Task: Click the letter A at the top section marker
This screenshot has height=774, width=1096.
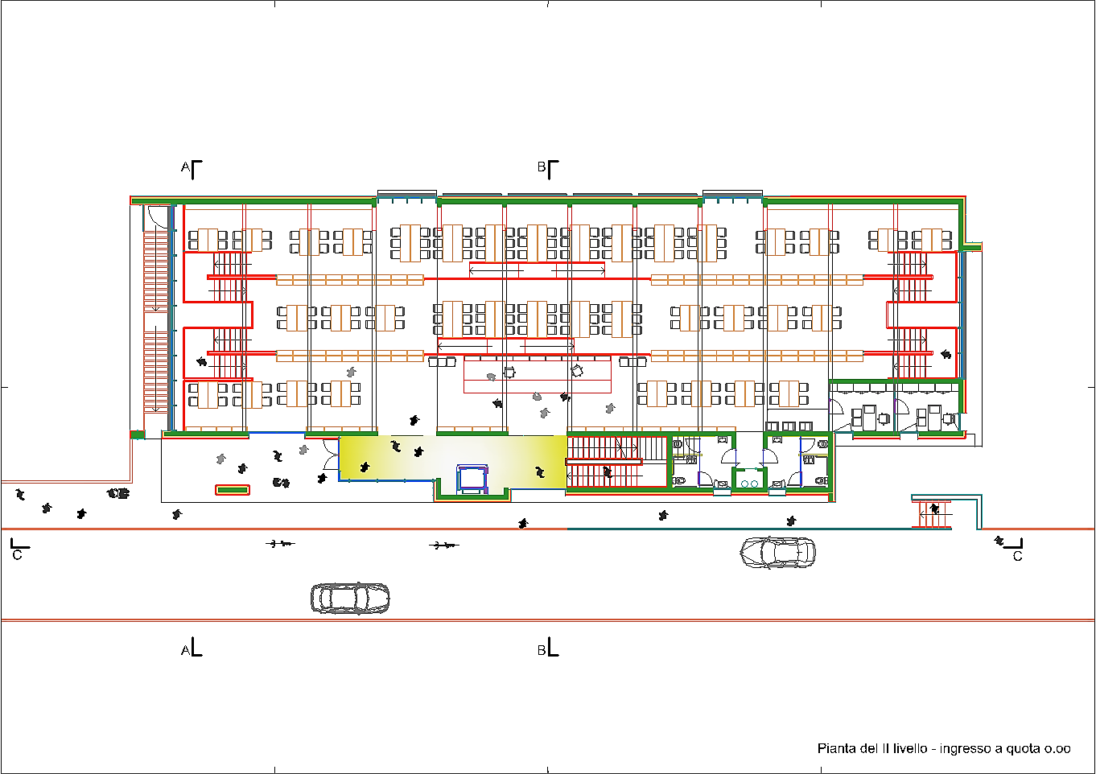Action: pyautogui.click(x=185, y=167)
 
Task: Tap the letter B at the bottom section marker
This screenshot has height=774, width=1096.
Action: pyautogui.click(x=541, y=650)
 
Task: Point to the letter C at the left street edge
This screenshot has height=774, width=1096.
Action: pyautogui.click(x=17, y=555)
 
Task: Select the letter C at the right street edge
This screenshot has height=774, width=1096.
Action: pyautogui.click(x=1017, y=556)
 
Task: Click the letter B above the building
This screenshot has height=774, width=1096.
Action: pyautogui.click(x=541, y=167)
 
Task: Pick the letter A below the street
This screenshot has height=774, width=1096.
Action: pyautogui.click(x=185, y=650)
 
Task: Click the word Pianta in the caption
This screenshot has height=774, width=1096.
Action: pyautogui.click(x=834, y=748)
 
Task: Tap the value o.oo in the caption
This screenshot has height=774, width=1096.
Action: pyautogui.click(x=1057, y=748)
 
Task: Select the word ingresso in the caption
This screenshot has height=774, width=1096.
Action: pyautogui.click(x=961, y=749)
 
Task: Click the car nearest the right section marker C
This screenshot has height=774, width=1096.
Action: pyautogui.click(x=777, y=553)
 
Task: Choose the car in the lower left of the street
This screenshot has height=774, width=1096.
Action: pyautogui.click(x=350, y=599)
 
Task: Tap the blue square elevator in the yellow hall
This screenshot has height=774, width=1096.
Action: pyautogui.click(x=472, y=479)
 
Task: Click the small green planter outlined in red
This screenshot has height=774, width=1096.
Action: pyautogui.click(x=233, y=490)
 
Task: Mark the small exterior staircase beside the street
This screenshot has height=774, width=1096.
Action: pyautogui.click(x=932, y=514)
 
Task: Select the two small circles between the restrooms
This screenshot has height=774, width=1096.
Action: pyautogui.click(x=749, y=484)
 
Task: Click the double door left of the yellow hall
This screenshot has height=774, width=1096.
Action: pyautogui.click(x=332, y=455)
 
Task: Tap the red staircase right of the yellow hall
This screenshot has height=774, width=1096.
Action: pyautogui.click(x=616, y=462)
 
